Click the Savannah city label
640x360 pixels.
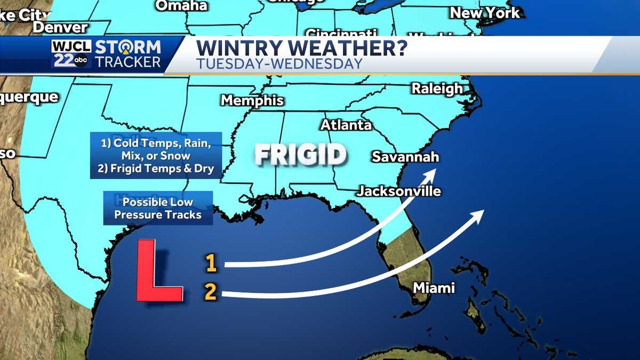tap(405, 157)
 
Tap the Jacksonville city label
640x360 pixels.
tap(399, 191)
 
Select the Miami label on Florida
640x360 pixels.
tap(434, 288)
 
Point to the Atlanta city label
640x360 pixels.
tap(346, 125)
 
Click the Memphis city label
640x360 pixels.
tap(252, 100)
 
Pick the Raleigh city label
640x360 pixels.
tap(437, 89)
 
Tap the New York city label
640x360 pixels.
tap(484, 13)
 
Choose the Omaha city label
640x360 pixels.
tap(181, 5)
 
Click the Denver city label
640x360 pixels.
tap(60, 27)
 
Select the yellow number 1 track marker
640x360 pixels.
tap(211, 263)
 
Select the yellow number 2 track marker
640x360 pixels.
tap(211, 292)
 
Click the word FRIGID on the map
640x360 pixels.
tap(300, 155)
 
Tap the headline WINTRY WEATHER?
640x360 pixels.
tap(301, 47)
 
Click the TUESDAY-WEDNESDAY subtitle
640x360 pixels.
tap(279, 63)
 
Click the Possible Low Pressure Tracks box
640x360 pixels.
tap(158, 208)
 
